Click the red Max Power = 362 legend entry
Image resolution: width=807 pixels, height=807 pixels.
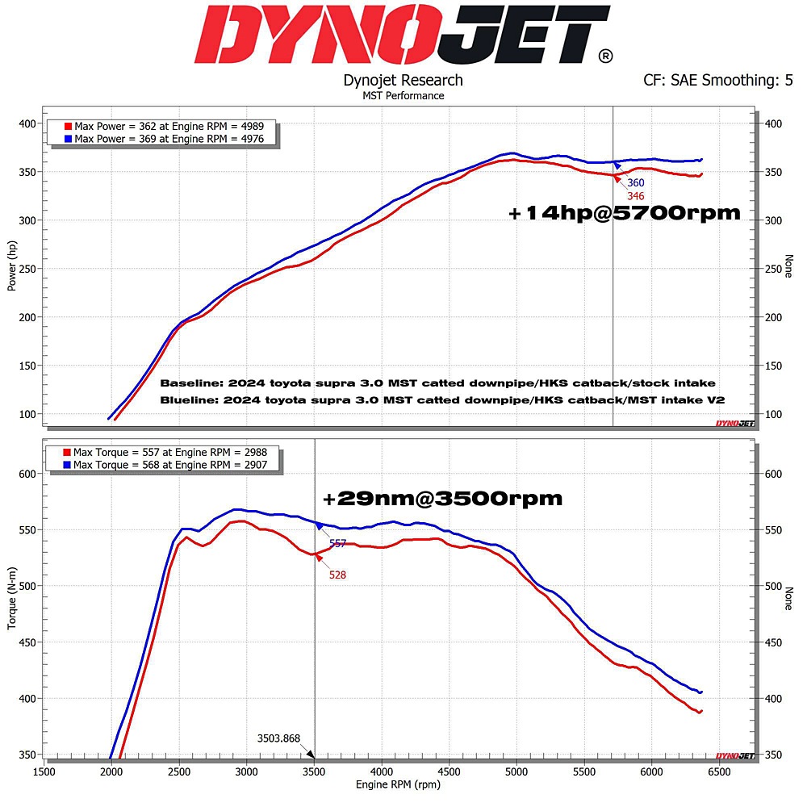(169, 127)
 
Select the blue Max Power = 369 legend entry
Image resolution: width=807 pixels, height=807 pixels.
(169, 139)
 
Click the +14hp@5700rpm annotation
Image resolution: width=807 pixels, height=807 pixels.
(624, 213)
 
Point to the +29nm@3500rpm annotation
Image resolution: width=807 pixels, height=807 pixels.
(442, 499)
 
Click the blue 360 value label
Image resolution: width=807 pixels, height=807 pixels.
(636, 183)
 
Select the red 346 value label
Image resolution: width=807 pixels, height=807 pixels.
(636, 196)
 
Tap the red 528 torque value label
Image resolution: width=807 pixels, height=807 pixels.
(338, 575)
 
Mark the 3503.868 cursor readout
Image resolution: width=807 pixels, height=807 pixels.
(278, 738)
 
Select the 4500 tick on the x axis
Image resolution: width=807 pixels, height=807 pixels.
(449, 772)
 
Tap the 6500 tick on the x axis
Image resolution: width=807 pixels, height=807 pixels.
(719, 772)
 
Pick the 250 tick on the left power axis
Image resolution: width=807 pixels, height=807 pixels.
(27, 269)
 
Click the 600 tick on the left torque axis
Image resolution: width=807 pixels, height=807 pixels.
(27, 474)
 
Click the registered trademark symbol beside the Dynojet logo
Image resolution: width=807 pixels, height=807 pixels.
(605, 56)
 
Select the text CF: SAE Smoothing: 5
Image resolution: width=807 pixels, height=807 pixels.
(717, 81)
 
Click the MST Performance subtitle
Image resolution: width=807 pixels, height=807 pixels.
(403, 95)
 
